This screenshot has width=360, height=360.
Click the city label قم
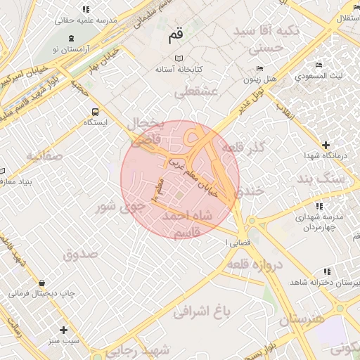(176, 36)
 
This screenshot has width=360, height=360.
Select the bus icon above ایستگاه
(95, 111)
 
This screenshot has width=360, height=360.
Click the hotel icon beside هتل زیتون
(259, 69)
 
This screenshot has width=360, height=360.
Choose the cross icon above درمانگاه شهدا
(325, 143)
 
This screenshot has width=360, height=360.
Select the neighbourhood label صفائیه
(44, 155)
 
